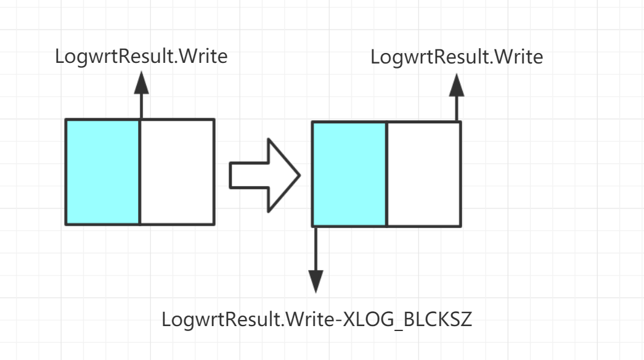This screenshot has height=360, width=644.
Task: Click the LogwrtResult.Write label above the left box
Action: tap(141, 57)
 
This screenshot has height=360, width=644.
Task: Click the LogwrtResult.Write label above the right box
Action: tap(457, 57)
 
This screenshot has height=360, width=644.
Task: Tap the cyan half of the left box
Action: tap(102, 171)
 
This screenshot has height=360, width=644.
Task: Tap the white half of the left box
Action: tap(177, 171)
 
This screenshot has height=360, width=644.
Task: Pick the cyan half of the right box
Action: tap(349, 174)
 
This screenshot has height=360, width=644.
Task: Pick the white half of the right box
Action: tap(423, 174)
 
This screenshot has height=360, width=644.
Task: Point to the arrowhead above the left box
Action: tap(141, 83)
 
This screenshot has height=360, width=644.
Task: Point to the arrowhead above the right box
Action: tap(457, 84)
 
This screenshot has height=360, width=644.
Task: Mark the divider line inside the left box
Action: tap(140, 171)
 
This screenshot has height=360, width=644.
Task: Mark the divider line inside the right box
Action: tap(386, 174)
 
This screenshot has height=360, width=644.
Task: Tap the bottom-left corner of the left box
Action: tap(66, 224)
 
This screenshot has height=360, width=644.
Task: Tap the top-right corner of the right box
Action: tap(460, 122)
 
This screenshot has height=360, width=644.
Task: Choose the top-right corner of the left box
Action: tap(214, 119)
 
